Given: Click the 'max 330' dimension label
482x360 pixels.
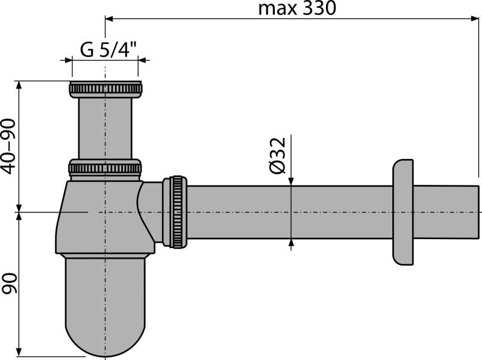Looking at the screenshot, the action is click(297, 8).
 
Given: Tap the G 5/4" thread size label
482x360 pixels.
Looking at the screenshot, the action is click(108, 49).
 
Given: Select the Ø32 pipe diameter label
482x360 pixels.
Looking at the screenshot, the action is click(278, 155).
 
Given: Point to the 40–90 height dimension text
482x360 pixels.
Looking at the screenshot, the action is click(8, 146).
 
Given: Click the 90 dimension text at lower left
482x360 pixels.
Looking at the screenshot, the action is click(8, 283).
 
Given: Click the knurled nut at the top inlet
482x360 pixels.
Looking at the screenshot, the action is click(105, 89).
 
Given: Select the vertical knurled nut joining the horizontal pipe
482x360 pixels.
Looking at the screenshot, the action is click(177, 212).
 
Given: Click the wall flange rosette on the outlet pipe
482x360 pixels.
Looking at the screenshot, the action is click(402, 212).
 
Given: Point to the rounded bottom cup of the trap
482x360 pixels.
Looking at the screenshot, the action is click(105, 306).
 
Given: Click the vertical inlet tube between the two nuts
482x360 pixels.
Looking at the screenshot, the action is click(105, 128).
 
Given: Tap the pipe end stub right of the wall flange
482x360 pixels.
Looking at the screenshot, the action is click(446, 212).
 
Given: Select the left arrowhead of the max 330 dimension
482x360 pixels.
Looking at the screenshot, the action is click(110, 19).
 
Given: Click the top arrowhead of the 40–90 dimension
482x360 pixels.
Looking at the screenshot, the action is click(19, 85).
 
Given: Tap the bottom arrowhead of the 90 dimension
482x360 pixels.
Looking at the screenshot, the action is click(19, 352).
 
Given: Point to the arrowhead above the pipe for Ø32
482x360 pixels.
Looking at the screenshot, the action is click(291, 181).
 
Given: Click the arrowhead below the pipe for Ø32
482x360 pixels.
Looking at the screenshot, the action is click(291, 243).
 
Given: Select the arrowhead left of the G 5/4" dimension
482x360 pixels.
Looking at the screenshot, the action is click(67, 60).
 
